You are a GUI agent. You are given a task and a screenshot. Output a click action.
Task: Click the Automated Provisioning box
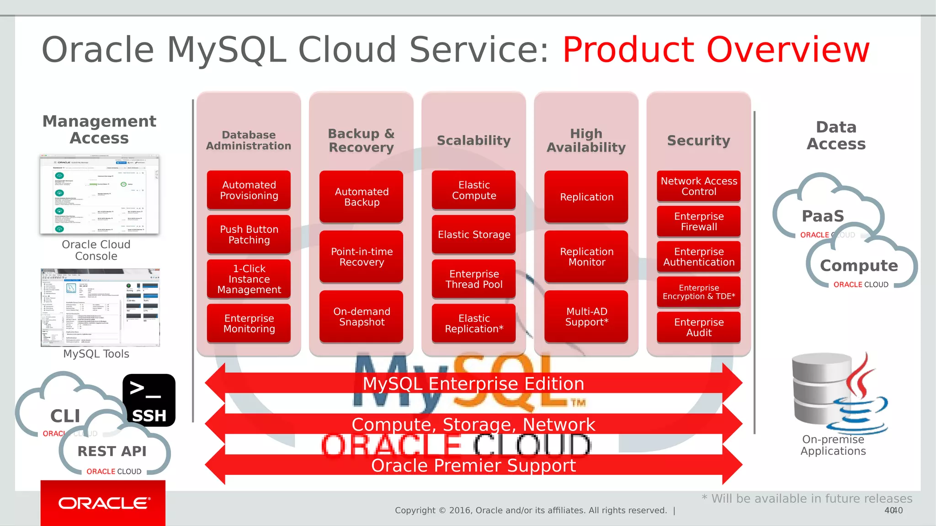click(x=249, y=190)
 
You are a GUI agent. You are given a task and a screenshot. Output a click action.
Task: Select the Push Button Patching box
click(x=249, y=235)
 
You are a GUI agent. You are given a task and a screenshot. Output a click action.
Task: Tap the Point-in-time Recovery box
click(x=362, y=257)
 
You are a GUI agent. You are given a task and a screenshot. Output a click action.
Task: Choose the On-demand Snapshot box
click(x=362, y=316)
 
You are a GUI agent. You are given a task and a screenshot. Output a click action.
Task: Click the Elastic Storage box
click(x=474, y=235)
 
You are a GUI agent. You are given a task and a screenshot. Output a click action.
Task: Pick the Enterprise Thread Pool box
click(x=474, y=279)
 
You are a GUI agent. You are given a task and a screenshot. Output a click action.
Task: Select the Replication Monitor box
click(x=586, y=257)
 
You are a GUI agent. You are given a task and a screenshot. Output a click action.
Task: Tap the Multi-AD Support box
click(x=586, y=316)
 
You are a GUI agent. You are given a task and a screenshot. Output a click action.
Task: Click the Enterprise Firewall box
click(x=699, y=221)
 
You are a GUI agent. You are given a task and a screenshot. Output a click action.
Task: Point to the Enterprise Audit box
click(x=699, y=327)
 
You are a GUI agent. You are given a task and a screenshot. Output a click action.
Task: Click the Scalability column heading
click(x=474, y=141)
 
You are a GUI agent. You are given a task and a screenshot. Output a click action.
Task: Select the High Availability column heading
click(x=586, y=141)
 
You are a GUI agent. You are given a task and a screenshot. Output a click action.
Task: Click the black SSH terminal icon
click(x=149, y=400)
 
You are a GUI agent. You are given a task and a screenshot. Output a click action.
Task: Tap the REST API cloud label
click(x=112, y=451)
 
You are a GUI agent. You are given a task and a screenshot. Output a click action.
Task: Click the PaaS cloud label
click(x=823, y=216)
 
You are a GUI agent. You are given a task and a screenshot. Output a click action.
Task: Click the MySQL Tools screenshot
click(x=100, y=308)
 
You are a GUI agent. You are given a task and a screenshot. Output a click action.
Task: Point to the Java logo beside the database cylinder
click(x=862, y=397)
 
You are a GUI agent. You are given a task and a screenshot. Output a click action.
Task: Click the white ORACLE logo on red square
click(x=103, y=503)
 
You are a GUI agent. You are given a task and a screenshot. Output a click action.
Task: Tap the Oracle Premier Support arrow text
click(x=473, y=466)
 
